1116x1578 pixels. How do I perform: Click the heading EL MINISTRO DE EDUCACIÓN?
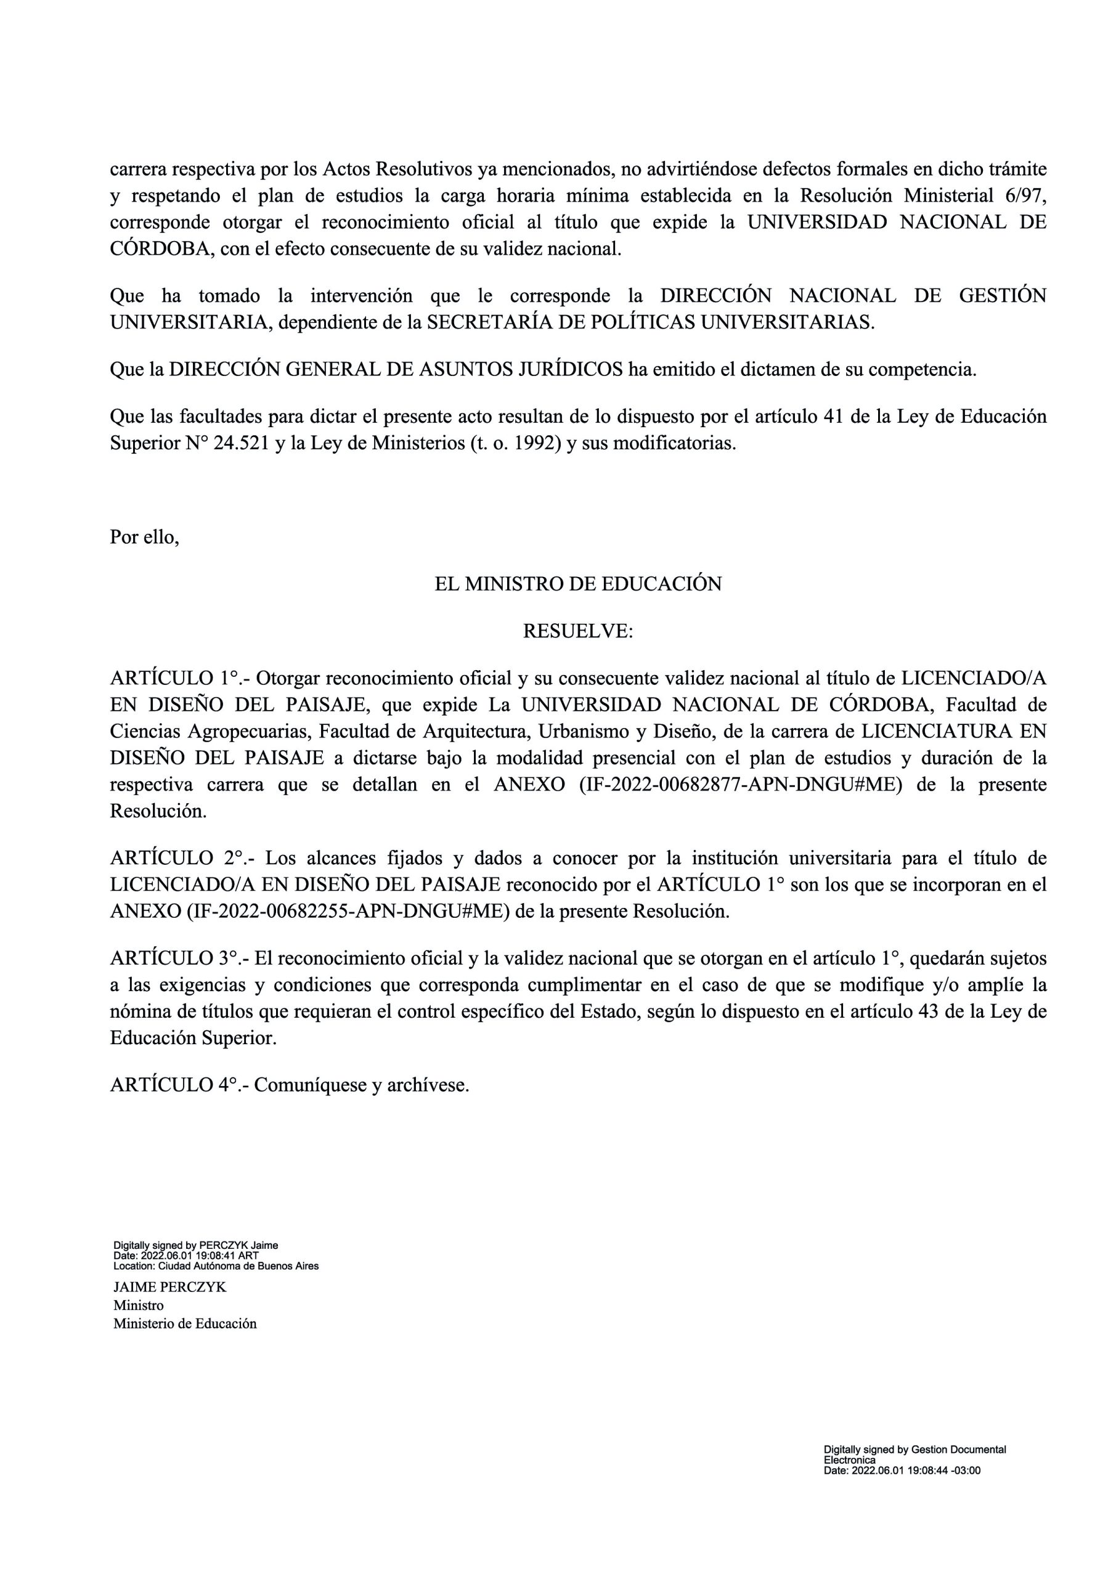pyautogui.click(x=578, y=584)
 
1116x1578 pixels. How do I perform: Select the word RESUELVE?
pyautogui.click(x=578, y=631)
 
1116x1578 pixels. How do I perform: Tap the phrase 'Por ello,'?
pyautogui.click(x=144, y=538)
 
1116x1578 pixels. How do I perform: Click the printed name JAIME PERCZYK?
pyautogui.click(x=169, y=1287)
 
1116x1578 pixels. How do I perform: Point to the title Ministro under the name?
pyautogui.click(x=139, y=1305)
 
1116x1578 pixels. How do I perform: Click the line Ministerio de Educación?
pyautogui.click(x=185, y=1323)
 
